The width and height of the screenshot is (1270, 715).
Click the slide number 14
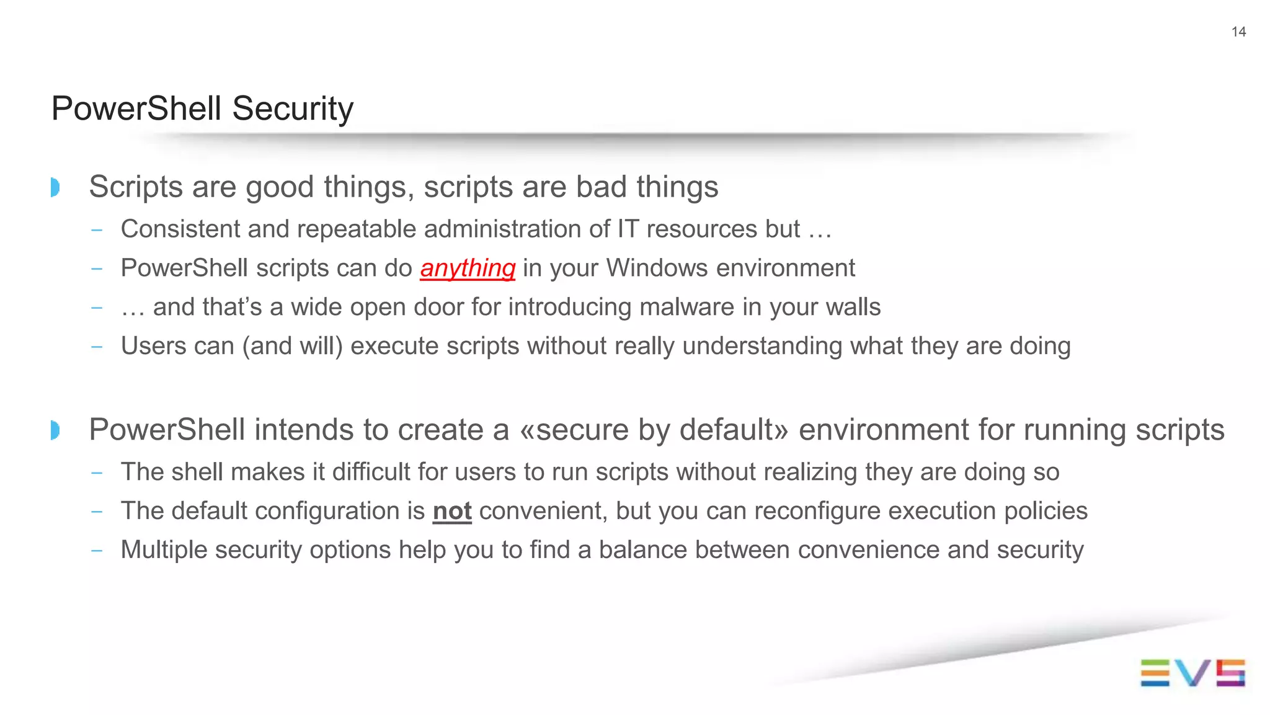click(1238, 32)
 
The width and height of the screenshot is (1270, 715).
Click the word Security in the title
click(293, 109)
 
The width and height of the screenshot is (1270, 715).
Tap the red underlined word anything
click(468, 269)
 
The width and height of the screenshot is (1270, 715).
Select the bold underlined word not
click(452, 512)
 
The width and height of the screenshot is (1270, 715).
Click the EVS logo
click(1192, 673)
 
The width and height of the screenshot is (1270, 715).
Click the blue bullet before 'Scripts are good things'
click(55, 187)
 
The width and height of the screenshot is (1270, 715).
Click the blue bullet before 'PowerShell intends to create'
click(55, 430)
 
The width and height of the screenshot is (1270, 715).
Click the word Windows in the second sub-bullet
click(657, 269)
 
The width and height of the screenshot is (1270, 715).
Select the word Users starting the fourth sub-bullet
click(147, 346)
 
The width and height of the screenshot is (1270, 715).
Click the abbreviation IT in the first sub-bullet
click(628, 229)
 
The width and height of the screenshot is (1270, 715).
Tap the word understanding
click(762, 346)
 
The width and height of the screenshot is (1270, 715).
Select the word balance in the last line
click(643, 550)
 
